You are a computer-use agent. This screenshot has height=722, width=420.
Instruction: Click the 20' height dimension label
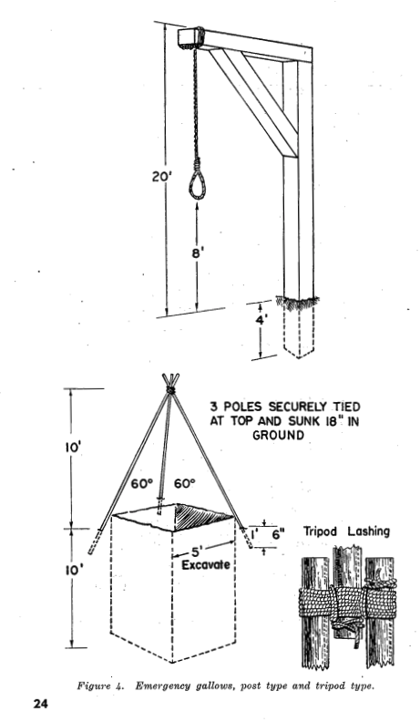pos(162,176)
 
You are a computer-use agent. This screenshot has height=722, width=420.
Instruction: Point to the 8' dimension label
pos(198,253)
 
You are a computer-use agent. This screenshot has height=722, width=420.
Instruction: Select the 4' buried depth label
pos(261,320)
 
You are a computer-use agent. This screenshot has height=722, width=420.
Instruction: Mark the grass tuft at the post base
pos(298,302)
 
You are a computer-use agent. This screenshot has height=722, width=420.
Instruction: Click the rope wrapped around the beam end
pos(199,37)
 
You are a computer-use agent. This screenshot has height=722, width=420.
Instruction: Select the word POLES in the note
pos(243,407)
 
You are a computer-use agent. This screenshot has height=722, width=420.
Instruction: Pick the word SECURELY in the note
pos(298,407)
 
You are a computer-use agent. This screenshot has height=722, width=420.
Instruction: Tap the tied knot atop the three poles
pos(170,390)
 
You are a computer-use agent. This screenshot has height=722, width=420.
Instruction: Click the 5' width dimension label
pos(198,551)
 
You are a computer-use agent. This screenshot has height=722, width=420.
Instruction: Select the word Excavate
pos(205,564)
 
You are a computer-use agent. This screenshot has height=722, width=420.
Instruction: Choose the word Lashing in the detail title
pos(368,531)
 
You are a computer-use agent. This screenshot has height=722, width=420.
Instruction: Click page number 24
pos(40,704)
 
